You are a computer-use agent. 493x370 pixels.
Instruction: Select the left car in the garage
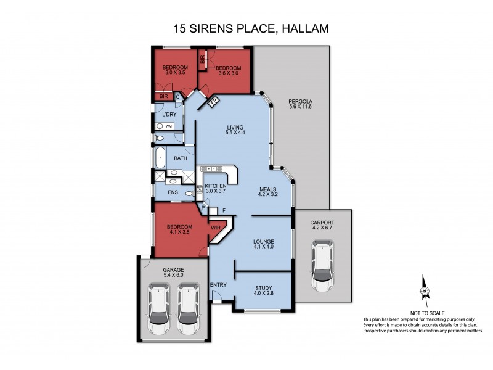pyautogui.click(x=159, y=310)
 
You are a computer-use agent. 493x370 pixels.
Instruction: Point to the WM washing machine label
pyautogui.click(x=168, y=126)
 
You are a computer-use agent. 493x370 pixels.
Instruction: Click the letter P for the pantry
pyautogui.click(x=203, y=208)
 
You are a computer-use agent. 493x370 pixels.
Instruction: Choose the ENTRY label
pyautogui.click(x=218, y=284)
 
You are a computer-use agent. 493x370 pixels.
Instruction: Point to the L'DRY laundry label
pyautogui.click(x=169, y=115)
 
